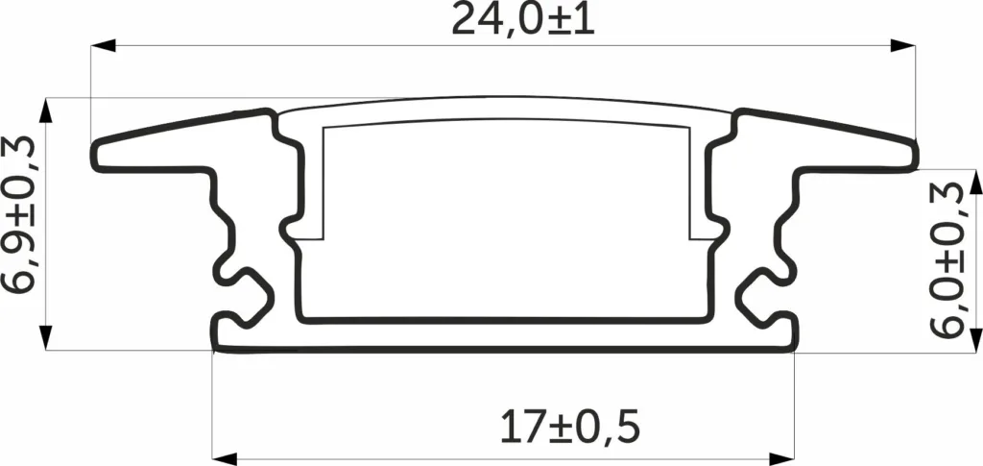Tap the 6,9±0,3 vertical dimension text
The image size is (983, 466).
coord(19,215)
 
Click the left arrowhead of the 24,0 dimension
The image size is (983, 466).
coord(104,45)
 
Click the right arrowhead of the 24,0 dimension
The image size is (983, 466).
coord(902,45)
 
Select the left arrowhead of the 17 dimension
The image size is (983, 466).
coord(225,459)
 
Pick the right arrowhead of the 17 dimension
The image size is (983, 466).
coord(781,459)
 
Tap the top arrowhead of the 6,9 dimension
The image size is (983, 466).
coord(46,110)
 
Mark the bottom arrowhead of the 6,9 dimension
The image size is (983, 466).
coord(46,337)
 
